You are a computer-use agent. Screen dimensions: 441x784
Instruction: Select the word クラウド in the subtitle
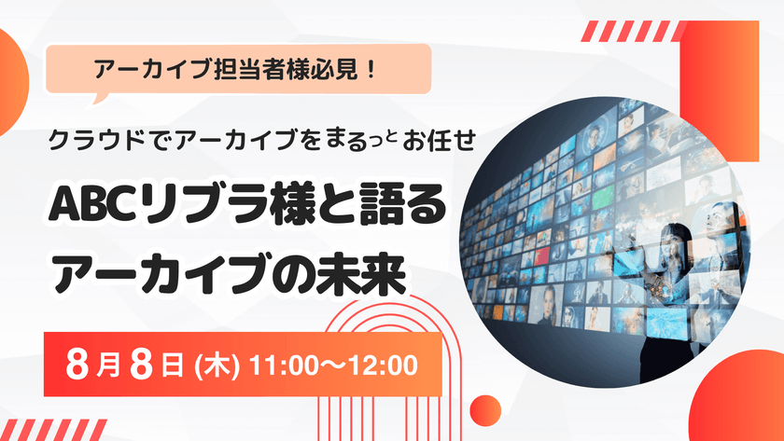click(91, 141)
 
